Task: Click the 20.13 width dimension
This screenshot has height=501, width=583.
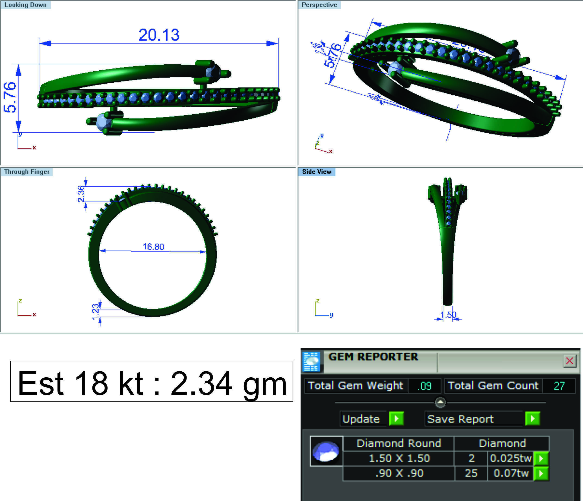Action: tap(159, 35)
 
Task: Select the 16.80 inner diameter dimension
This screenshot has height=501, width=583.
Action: tap(153, 247)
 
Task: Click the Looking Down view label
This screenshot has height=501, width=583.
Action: tap(25, 5)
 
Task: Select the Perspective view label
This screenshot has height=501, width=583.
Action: tap(319, 5)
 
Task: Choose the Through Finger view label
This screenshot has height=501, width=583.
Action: tap(27, 172)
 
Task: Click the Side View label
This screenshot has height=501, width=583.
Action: tap(317, 172)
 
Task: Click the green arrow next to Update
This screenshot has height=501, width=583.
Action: tap(396, 419)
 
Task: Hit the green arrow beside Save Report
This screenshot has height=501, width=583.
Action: tap(532, 419)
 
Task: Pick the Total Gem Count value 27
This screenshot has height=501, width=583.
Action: tap(559, 386)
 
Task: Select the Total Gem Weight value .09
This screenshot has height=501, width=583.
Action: tap(424, 386)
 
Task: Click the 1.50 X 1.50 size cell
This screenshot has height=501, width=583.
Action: tap(399, 458)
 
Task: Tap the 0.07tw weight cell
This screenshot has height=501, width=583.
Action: tap(511, 473)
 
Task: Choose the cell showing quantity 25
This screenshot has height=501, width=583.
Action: tap(471, 473)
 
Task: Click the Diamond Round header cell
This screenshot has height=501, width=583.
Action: tap(398, 443)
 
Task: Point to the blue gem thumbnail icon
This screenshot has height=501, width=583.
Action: tap(326, 451)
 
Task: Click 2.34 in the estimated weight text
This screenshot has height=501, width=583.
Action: tap(201, 383)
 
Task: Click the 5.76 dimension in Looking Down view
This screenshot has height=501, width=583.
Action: tap(10, 97)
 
